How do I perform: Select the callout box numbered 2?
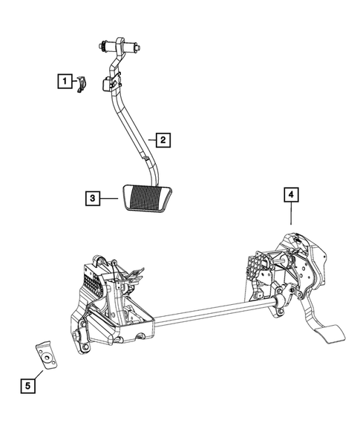[163, 139]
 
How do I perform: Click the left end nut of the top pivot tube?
[99, 48]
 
